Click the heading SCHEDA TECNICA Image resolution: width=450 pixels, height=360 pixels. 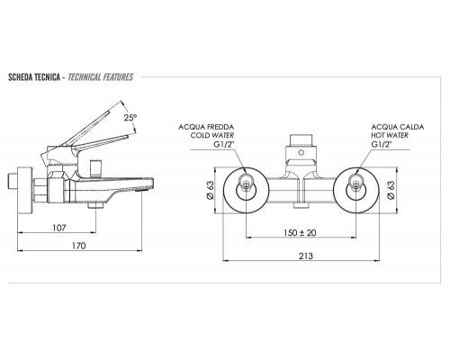[x=33, y=78]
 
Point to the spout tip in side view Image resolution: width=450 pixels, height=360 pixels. [x=139, y=192]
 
